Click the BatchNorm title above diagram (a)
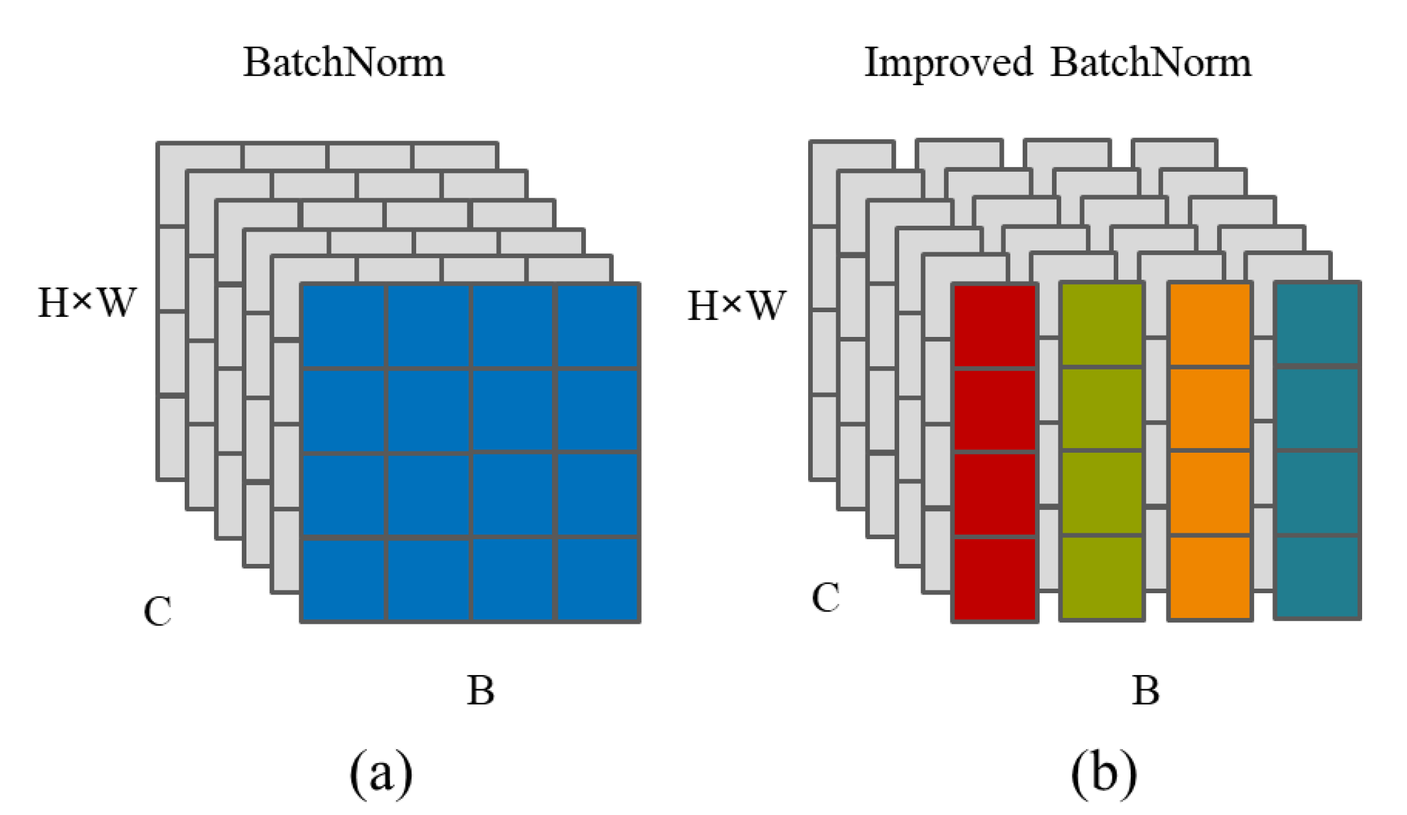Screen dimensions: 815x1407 [343, 63]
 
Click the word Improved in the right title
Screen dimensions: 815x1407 [948, 63]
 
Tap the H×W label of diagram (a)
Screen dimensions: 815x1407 [87, 302]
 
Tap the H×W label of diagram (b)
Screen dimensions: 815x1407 [737, 306]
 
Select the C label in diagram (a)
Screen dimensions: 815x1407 [157, 611]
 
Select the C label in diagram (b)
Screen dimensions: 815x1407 [826, 597]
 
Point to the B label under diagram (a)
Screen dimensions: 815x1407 [480, 691]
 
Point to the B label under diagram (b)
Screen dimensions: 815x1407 [1146, 691]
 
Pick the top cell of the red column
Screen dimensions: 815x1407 [994, 327]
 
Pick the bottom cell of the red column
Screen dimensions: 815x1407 [994, 578]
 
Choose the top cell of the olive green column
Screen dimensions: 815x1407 [1101, 325]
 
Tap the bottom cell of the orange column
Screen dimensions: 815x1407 [1210, 577]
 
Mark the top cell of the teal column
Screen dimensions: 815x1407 [1317, 324]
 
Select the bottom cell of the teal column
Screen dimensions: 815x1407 [1317, 576]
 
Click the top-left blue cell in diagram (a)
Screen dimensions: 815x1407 [344, 327]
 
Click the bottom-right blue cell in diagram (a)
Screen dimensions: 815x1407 [598, 579]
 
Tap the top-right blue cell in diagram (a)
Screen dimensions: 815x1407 [598, 327]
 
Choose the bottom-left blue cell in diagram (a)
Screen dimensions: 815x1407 [344, 579]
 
